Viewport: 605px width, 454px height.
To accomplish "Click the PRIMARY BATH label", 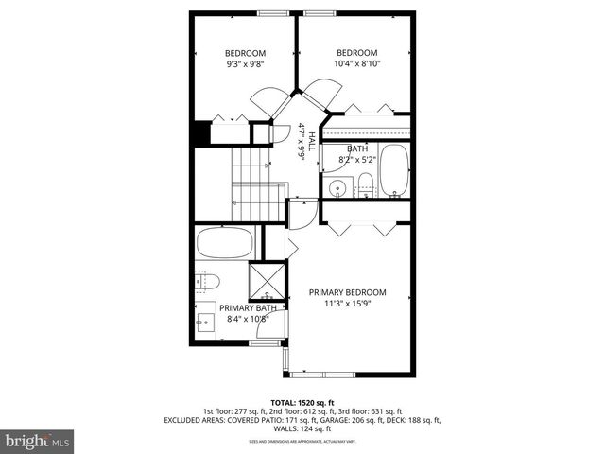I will click(x=248, y=307).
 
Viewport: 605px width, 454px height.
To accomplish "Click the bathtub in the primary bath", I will click(x=225, y=243).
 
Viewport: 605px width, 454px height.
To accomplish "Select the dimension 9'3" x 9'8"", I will click(x=245, y=65).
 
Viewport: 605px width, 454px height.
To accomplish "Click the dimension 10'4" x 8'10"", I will click(x=357, y=64).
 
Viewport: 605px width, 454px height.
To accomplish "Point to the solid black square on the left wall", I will click(x=199, y=132).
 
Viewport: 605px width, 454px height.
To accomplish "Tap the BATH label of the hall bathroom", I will click(x=357, y=148).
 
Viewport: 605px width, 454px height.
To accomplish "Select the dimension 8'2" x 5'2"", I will click(x=357, y=160).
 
